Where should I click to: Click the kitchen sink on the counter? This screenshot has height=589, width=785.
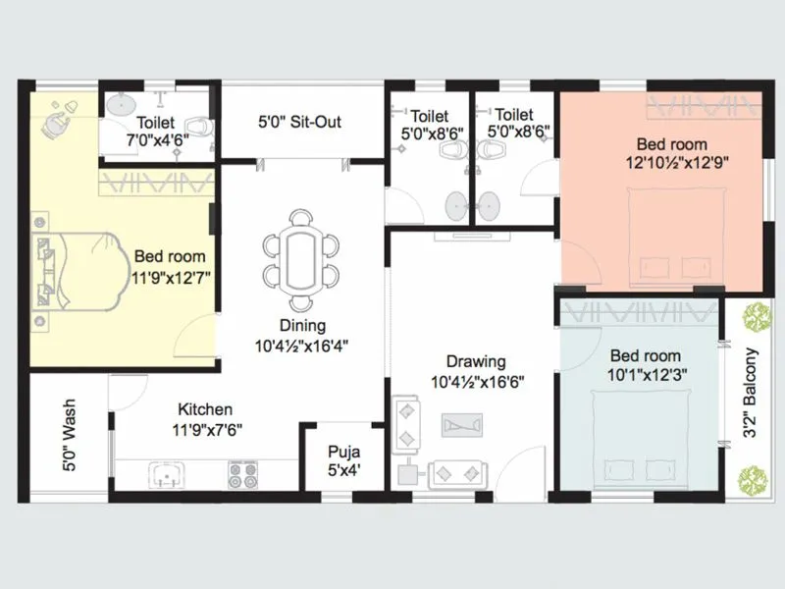pos(168,476)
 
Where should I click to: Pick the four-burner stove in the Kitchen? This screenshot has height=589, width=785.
pos(242,475)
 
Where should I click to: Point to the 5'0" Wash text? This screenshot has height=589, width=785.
pos(70,448)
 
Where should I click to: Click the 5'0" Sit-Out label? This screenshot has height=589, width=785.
pos(299,123)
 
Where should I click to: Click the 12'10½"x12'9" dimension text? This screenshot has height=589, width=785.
pos(683,160)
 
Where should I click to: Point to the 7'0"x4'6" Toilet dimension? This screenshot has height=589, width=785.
pos(157,140)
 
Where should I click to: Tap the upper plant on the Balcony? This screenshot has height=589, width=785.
pos(754,317)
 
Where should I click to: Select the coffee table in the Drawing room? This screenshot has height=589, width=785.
pos(461,425)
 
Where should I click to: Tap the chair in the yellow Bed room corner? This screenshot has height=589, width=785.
pos(58,121)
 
